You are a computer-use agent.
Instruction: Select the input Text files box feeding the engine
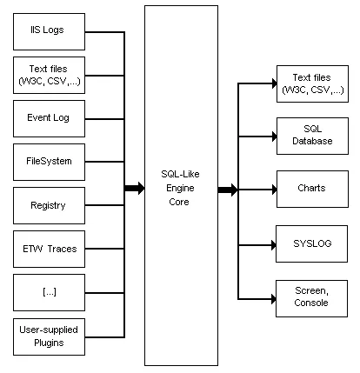pos(50,76)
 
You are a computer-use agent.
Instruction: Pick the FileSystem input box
pos(50,162)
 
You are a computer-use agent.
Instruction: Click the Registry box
pos(50,206)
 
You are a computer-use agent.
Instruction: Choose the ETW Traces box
pos(50,249)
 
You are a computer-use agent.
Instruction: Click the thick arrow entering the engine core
pos(135,188)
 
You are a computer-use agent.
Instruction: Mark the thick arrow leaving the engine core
pos(228,189)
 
